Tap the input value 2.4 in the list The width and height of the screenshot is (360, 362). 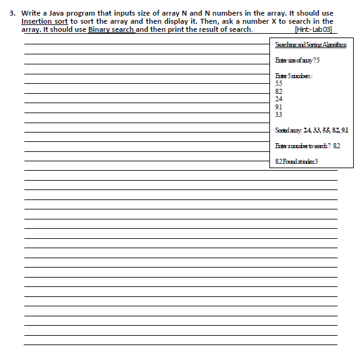[279, 99]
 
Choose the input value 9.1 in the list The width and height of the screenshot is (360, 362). [279, 107]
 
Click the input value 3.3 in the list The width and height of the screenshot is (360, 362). [279, 115]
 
